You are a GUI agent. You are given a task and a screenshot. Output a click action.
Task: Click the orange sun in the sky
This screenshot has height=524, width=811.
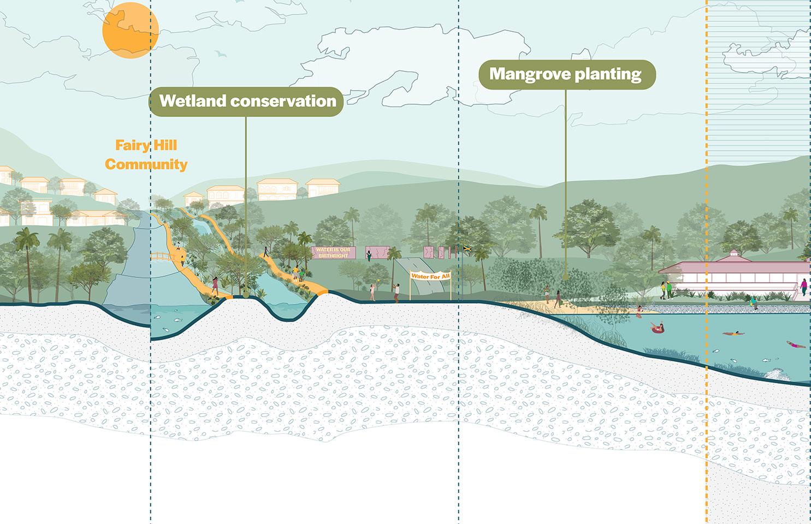point(131,29)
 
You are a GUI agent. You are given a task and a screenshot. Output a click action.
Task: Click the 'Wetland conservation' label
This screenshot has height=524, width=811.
point(246,101)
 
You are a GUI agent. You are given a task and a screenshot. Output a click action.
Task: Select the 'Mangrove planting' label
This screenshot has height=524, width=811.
point(566,74)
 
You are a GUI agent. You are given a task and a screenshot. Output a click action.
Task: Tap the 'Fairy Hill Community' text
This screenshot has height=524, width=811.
point(146,154)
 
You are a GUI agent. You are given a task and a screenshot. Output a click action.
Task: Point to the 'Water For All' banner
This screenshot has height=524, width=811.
point(431,276)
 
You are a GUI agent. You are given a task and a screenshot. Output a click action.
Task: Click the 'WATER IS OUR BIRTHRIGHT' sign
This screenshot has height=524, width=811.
point(333,253)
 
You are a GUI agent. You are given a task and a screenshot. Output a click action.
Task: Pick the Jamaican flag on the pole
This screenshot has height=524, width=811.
point(466,249)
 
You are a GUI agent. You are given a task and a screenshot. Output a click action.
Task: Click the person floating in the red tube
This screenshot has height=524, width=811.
point(656,328)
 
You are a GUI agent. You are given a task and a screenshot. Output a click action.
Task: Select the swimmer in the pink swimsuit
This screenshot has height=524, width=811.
point(796,344)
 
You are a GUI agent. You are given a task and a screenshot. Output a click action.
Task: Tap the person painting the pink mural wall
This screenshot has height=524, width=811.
point(370,255)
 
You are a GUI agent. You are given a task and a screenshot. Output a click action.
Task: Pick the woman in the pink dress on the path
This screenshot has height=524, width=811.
point(215,284)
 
